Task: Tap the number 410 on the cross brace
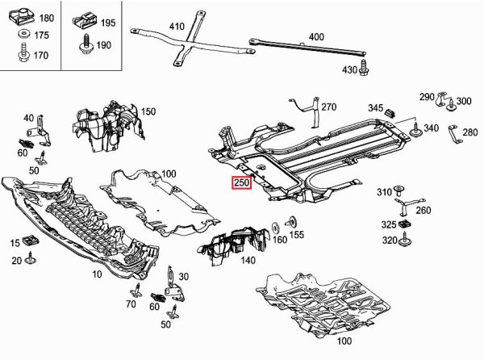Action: [177, 27]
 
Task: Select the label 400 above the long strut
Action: [315, 36]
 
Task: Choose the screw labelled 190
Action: [85, 47]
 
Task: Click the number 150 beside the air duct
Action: [148, 111]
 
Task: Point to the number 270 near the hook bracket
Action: [328, 107]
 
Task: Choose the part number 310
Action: [384, 191]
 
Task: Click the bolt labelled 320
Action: [408, 241]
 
